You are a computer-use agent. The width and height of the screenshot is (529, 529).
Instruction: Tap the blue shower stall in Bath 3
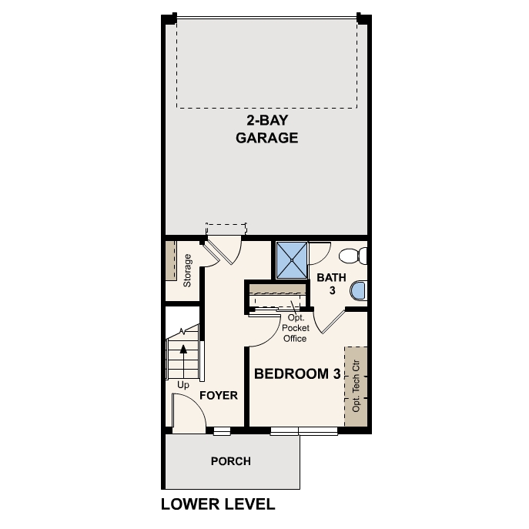[293, 260]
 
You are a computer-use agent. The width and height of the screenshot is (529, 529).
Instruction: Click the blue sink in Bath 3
[358, 291]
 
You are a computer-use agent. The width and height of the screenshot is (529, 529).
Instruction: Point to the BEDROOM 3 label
[297, 374]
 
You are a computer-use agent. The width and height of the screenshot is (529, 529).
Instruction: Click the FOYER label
[218, 396]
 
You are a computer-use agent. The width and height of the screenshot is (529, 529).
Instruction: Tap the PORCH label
[230, 461]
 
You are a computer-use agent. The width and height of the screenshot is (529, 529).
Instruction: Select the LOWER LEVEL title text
[218, 505]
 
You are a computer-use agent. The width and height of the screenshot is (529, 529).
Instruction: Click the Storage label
[188, 270]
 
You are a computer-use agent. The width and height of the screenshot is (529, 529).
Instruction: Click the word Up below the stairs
[183, 384]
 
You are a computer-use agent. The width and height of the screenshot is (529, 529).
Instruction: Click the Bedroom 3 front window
[304, 430]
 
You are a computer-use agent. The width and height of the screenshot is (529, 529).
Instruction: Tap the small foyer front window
[222, 430]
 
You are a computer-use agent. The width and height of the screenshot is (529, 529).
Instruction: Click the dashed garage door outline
[267, 63]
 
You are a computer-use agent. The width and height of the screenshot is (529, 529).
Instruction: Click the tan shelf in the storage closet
[170, 260]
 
